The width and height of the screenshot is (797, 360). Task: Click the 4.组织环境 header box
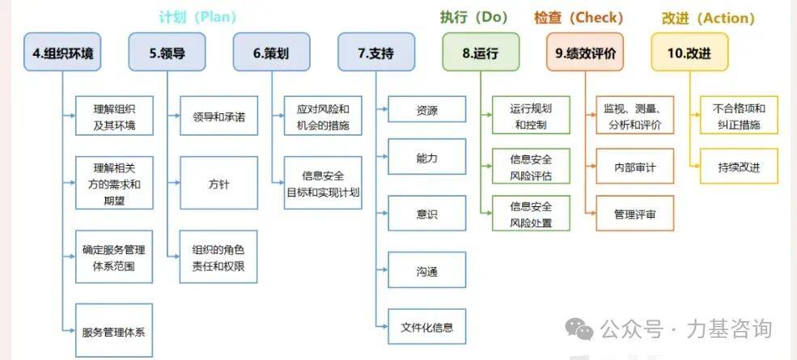62,52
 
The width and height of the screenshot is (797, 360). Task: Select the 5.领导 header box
167,52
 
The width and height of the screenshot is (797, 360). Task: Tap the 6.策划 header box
271,52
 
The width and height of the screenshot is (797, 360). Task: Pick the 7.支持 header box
376,52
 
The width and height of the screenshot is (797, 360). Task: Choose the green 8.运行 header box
481,52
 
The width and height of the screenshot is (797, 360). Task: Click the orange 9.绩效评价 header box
585,52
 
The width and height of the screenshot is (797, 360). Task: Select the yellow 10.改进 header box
689,52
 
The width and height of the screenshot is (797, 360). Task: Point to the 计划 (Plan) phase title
197,17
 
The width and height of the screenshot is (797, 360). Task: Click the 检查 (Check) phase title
579,18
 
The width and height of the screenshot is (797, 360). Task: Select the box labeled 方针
218,183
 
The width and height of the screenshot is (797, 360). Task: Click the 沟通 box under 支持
427,272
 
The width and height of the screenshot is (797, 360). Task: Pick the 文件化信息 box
427,327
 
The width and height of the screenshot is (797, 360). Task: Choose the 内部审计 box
635,167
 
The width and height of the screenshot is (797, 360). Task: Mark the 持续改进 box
739,167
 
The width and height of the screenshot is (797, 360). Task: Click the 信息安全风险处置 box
531,214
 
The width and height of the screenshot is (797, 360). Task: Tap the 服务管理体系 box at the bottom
114,331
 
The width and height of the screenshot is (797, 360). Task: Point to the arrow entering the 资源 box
382,108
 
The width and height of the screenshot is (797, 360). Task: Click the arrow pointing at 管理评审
591,214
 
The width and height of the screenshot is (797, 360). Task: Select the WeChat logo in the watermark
579,329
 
